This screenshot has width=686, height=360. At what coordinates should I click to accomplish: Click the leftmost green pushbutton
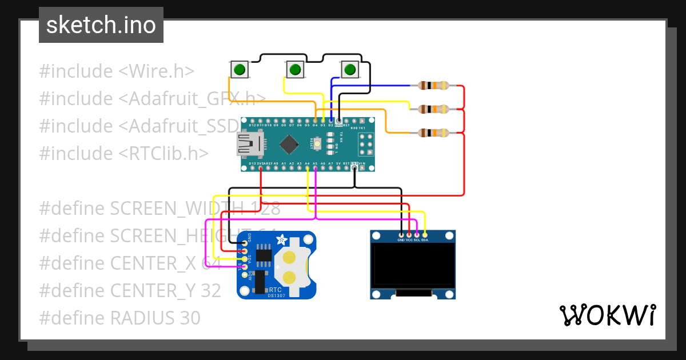point(239,70)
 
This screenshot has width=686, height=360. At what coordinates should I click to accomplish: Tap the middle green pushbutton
point(294,70)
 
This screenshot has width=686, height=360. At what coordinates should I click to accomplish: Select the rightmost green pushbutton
point(350,70)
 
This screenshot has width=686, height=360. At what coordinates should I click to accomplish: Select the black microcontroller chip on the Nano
point(290,143)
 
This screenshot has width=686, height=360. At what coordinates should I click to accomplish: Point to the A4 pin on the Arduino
point(308,166)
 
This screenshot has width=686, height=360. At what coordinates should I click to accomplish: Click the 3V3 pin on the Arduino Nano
point(261,166)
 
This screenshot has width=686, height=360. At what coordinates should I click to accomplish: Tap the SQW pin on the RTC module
point(245,274)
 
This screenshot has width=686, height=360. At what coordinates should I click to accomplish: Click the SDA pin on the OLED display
point(425,234)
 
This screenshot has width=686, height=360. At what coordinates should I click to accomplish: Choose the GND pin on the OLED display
point(401,234)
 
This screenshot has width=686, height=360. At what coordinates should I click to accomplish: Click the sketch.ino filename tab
point(101,25)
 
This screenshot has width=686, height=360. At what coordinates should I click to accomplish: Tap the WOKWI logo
point(607,315)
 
